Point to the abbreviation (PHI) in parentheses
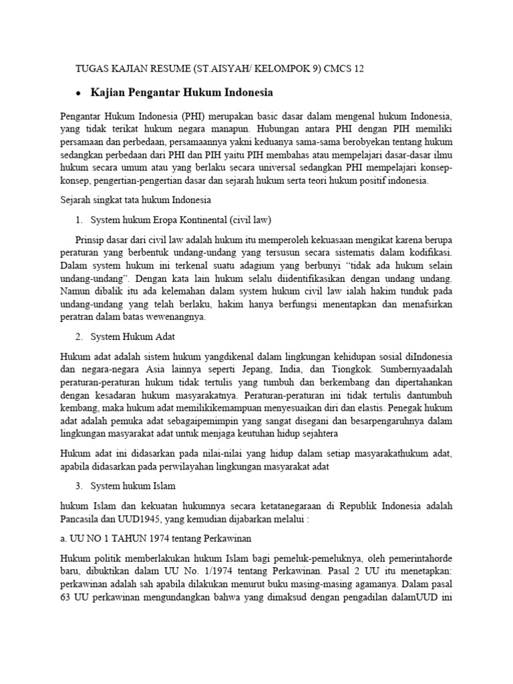point(193,114)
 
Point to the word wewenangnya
point(180,317)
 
